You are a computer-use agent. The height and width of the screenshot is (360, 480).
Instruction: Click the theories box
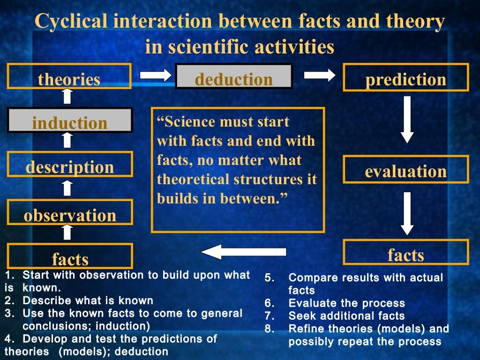[x=69, y=77]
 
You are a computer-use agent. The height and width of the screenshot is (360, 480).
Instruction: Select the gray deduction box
[x=234, y=77]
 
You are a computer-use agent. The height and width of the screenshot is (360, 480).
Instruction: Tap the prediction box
[x=405, y=78]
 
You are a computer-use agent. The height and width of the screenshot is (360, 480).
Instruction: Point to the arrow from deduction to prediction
[x=320, y=75]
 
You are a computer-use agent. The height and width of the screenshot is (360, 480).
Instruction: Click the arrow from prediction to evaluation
[x=407, y=120]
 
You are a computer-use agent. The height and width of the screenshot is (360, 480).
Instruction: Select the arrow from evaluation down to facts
[x=407, y=213]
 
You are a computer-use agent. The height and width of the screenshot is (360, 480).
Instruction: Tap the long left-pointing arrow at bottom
[x=243, y=252]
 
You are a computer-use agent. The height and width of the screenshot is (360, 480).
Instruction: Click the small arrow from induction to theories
[x=67, y=96]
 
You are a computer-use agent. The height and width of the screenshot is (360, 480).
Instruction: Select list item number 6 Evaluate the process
[x=346, y=303]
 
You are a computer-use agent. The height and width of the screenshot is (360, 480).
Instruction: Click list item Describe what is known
[x=87, y=300]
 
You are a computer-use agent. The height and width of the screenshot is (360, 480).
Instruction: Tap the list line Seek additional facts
[x=346, y=316]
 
